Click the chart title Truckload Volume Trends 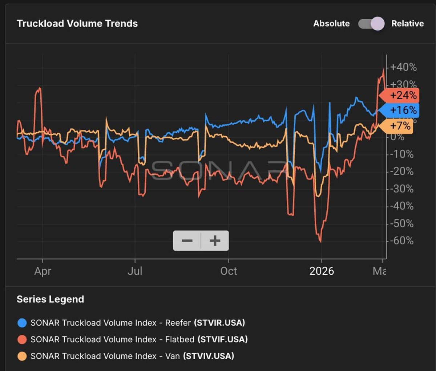[x=77, y=24]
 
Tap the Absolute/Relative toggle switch [x=371, y=24]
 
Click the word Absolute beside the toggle [x=331, y=24]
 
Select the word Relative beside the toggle [x=407, y=24]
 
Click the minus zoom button [x=187, y=241]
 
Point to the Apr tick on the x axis [x=43, y=271]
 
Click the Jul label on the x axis [x=135, y=271]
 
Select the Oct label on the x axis [x=229, y=271]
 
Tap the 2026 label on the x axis [x=322, y=271]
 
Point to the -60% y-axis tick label [x=401, y=241]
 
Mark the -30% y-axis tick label [x=401, y=189]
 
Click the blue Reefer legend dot [x=22, y=323]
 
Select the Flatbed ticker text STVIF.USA [x=222, y=339]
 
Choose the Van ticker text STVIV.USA [x=209, y=356]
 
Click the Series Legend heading [x=51, y=299]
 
